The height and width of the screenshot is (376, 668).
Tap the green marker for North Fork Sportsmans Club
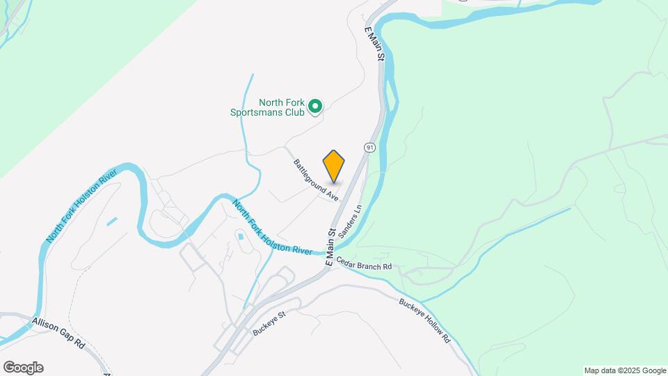tap(315, 107)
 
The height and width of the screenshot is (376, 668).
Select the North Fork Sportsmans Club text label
tap(267, 107)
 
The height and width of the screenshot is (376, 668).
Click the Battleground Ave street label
tap(316, 180)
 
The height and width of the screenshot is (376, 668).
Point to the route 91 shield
tap(369, 147)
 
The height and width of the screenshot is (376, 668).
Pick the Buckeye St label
tap(270, 323)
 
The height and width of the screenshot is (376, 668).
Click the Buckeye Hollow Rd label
tap(425, 321)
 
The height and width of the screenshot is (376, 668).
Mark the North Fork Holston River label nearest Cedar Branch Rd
tap(273, 227)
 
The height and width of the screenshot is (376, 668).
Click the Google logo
tap(23, 368)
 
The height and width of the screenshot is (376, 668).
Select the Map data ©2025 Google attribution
tap(625, 370)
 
